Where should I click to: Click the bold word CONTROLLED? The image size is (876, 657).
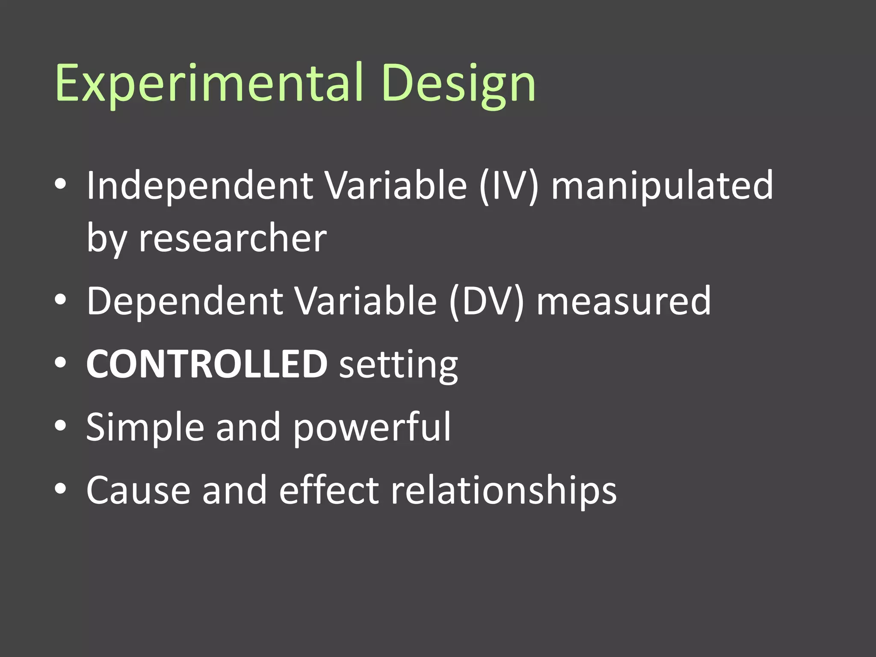click(x=207, y=364)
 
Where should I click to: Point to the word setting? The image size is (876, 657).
click(x=398, y=365)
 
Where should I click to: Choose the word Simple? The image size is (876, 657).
click(x=145, y=427)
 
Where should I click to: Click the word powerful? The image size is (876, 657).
click(x=372, y=427)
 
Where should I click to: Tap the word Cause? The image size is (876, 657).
click(x=138, y=490)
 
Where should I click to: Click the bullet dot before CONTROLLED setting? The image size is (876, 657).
click(x=61, y=363)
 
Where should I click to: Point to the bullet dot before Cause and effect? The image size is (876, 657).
click(x=61, y=489)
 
